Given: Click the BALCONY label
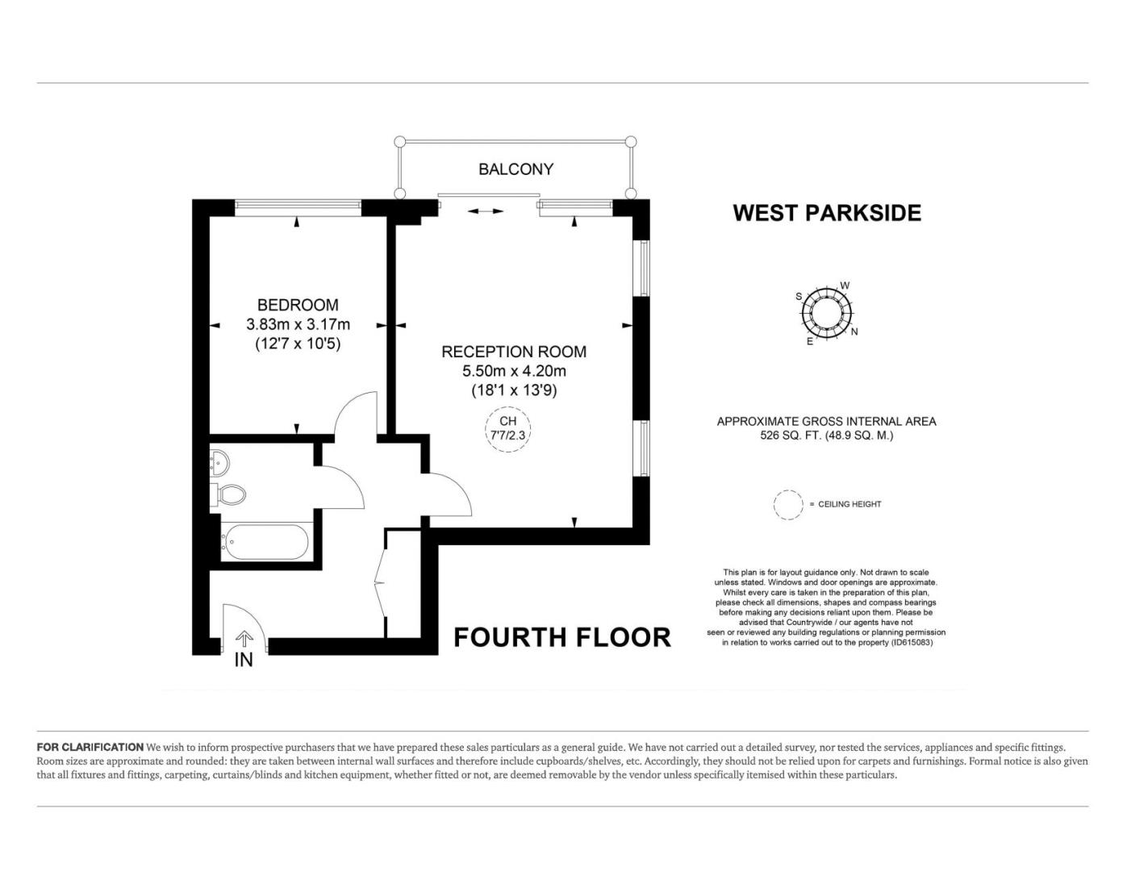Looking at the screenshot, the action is pos(515,169).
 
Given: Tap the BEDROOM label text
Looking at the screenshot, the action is pos(298,305).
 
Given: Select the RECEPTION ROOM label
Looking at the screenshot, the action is pos(514,352).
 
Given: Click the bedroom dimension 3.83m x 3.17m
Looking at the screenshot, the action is pos(298,324).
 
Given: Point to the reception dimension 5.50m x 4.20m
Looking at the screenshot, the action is pos(514,371).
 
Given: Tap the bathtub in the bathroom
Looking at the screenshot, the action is pos(265,542).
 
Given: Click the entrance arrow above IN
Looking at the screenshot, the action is pos(244,639).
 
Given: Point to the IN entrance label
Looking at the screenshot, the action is pos(244,660).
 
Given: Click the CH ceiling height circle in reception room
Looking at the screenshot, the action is pos(508,429).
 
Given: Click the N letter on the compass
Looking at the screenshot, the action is pos(854,331).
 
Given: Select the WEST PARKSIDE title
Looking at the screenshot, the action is pos(827,213).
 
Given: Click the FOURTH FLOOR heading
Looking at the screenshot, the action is pos(562,637).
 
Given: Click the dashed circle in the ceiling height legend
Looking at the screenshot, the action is pos(788,505).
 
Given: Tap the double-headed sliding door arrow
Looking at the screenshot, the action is pos(486,211).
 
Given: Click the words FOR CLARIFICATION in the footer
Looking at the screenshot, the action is pos(90,747).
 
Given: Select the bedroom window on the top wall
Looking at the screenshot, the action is pos(298,207).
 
